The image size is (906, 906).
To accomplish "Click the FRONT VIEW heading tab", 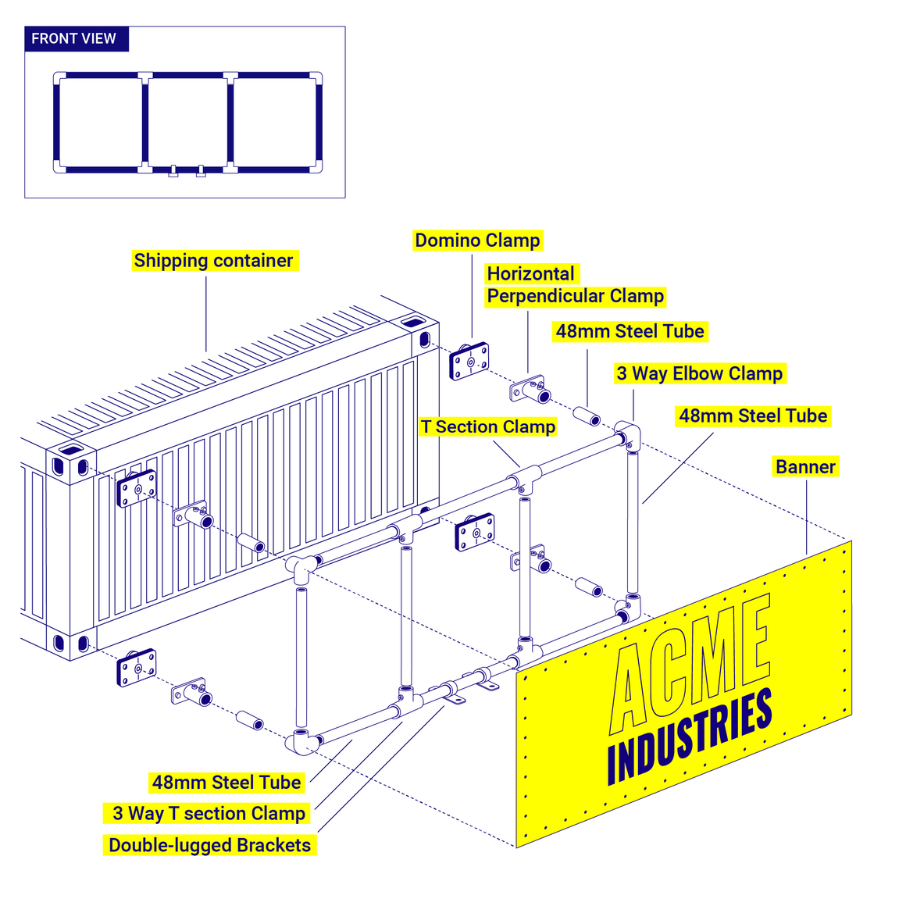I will (75, 39).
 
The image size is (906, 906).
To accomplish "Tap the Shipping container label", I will (213, 261).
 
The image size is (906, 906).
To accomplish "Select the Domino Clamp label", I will (477, 241).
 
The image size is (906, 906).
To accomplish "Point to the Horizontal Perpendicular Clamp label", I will (575, 285).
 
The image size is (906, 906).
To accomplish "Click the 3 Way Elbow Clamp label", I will (699, 373).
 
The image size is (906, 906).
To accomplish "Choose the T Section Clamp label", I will (488, 427).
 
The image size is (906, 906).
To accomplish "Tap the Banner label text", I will (805, 467).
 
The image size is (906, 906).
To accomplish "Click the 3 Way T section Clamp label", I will (209, 814).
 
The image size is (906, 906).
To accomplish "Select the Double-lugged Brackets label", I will (209, 845).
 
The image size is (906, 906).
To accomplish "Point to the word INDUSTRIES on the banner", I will (689, 738).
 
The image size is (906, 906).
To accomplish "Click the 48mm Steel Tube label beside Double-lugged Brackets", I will (226, 783).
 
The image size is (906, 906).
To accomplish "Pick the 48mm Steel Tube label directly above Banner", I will (753, 416).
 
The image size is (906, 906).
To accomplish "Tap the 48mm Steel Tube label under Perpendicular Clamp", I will (630, 332).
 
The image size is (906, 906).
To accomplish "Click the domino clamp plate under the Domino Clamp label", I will (469, 361).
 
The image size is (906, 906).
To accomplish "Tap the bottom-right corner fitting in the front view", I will (316, 166).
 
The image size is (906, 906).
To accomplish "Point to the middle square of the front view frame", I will (187, 122).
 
